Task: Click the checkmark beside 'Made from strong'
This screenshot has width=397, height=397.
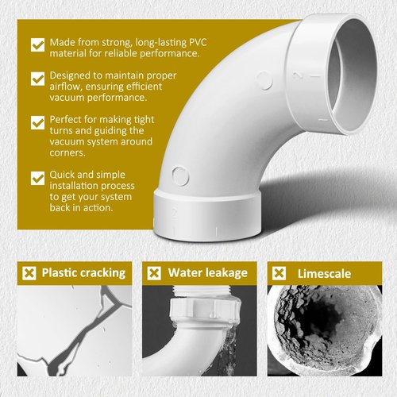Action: (37, 45)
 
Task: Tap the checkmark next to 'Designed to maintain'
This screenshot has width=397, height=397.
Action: (37, 79)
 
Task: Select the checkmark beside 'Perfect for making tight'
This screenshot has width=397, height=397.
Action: (37, 122)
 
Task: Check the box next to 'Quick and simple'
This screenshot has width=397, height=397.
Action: (37, 178)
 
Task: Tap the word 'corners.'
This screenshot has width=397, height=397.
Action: (67, 152)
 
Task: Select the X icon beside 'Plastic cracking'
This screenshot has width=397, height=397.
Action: (29, 273)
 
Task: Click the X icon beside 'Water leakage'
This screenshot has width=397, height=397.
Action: (154, 273)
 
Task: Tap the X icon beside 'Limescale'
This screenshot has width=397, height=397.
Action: (279, 273)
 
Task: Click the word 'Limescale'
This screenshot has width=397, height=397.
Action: (325, 274)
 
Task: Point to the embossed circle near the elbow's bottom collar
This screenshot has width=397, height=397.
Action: (180, 175)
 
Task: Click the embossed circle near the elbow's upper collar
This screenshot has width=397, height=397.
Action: (264, 80)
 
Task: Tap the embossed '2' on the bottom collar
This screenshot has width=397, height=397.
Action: (174, 213)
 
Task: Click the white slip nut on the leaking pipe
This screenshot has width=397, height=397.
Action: (205, 310)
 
